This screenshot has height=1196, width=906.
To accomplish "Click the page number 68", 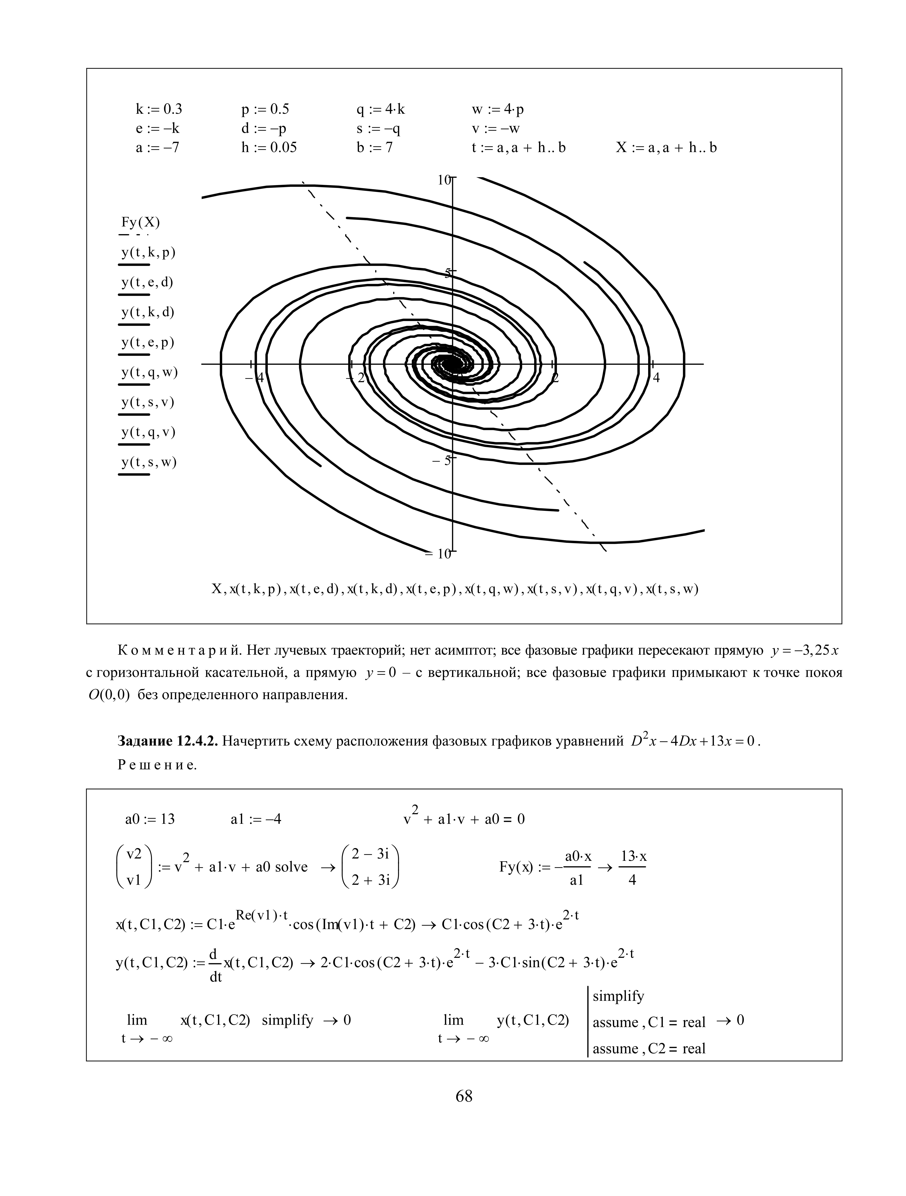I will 464,1096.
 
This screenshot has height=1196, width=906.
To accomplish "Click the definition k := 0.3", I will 159,109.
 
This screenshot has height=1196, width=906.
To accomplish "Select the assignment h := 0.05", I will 269,148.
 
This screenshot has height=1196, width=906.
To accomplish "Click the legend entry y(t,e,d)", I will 147,282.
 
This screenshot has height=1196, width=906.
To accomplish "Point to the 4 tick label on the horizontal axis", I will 656,377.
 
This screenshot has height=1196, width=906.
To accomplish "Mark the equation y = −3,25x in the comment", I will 805,650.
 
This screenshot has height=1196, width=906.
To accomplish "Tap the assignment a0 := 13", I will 150,819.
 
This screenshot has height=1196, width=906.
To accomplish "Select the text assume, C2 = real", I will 649,1048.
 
